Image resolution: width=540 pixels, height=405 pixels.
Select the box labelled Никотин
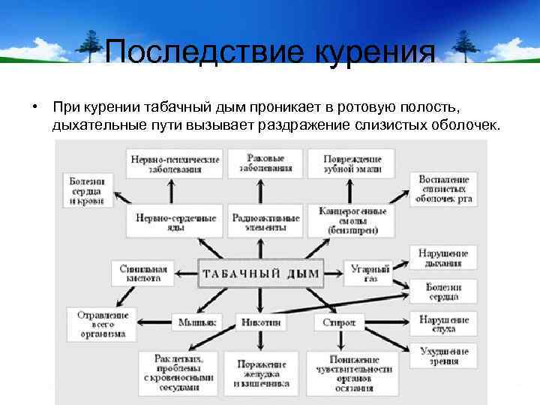262,322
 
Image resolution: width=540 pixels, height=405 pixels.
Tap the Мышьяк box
197,322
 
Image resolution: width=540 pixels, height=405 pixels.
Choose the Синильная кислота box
143,272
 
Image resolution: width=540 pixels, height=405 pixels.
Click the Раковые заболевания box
265,163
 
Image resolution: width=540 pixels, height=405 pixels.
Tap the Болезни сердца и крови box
87,190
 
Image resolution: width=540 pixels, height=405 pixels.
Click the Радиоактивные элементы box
265,222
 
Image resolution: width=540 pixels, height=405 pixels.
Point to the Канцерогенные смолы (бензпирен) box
352,221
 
